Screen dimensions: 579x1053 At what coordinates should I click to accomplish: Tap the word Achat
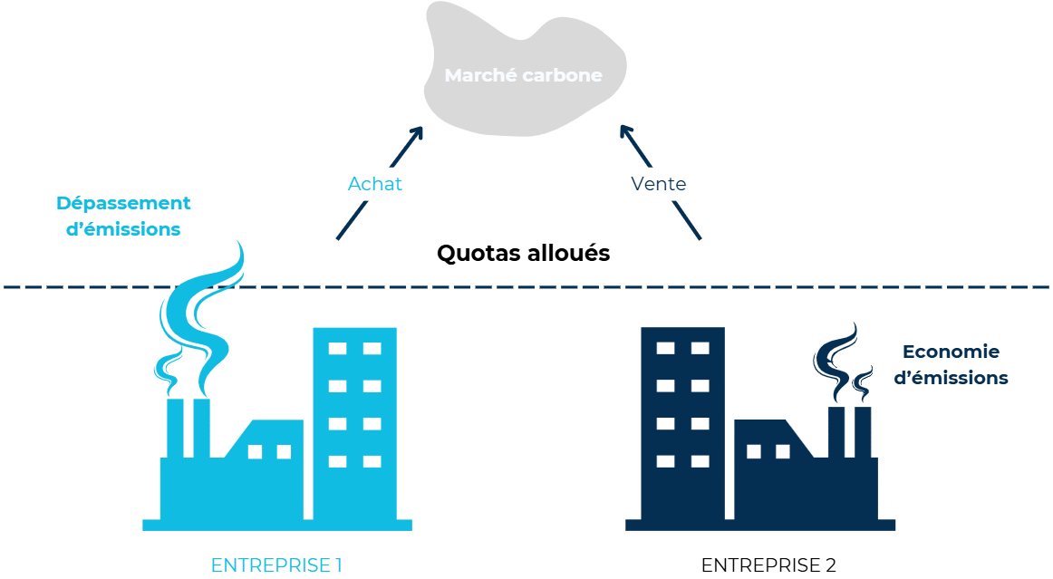374,184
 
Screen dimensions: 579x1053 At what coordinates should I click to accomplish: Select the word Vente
658,184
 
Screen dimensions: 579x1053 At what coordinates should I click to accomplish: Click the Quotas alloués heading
523,253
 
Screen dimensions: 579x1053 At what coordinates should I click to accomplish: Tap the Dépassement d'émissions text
123,216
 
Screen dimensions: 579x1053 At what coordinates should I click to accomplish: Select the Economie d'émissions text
951,364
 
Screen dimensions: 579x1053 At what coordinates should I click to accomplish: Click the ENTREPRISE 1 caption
275,565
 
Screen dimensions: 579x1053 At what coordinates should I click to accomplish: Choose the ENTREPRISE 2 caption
768,565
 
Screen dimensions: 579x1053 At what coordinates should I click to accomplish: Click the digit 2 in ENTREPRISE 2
830,565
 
